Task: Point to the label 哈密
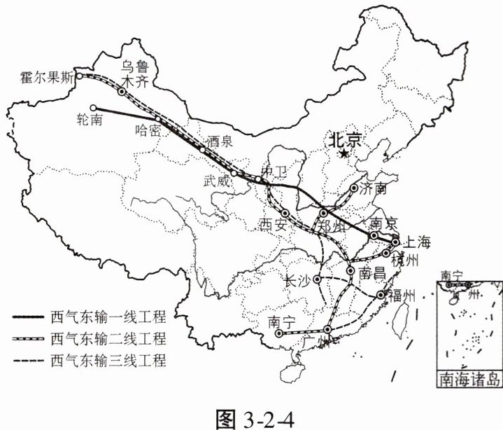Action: [x=148, y=131]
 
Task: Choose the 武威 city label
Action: [x=215, y=181]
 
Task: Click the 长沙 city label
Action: [x=297, y=280]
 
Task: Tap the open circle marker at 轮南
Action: [x=93, y=107]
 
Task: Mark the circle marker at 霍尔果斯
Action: [x=80, y=76]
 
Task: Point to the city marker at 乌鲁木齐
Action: [x=122, y=92]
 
